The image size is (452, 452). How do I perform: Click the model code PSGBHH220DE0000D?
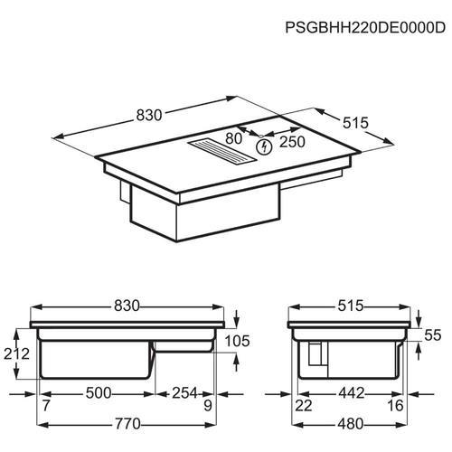(365, 28)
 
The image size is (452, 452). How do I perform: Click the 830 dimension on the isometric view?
(149, 115)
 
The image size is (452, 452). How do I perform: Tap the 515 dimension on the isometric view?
(355, 123)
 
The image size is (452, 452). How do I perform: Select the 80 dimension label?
(233, 138)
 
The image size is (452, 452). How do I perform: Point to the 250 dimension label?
(292, 142)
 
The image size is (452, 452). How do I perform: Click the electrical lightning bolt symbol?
(264, 147)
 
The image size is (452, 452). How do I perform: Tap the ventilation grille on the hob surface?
(222, 150)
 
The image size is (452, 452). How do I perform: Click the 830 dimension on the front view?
(127, 306)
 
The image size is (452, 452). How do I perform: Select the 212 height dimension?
(16, 353)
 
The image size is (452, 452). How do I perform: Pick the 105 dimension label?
(238, 341)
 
